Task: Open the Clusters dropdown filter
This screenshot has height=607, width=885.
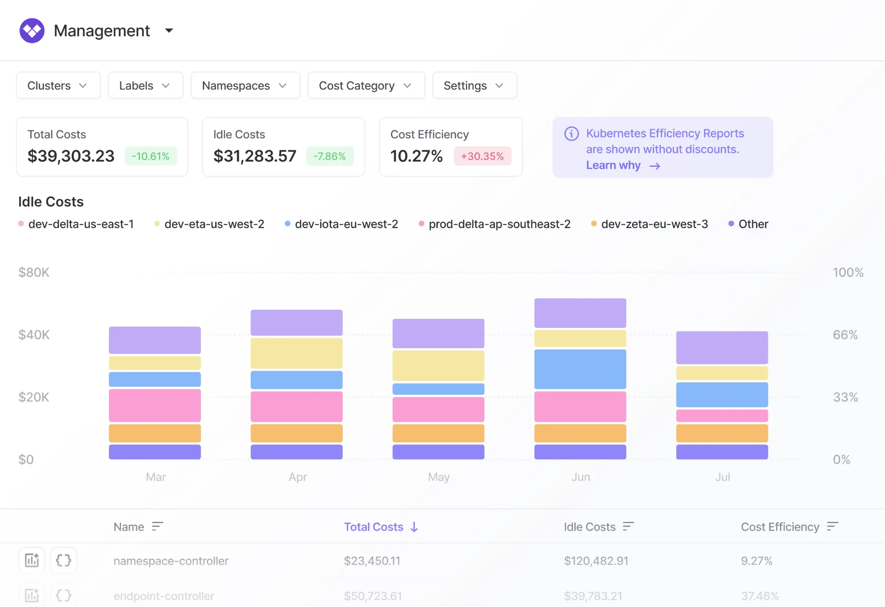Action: [x=58, y=86]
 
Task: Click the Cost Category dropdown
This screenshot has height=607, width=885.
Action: [x=366, y=86]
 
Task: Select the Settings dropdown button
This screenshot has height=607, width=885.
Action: [x=474, y=86]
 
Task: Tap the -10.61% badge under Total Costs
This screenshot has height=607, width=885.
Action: [x=151, y=156]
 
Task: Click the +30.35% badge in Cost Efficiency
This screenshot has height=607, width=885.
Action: [x=482, y=156]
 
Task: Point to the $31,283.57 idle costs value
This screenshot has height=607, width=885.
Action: [x=255, y=156]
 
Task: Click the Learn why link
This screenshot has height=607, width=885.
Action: [x=623, y=165]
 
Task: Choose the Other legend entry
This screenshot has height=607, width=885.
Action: [x=748, y=224]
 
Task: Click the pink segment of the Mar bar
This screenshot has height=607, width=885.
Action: [x=155, y=405]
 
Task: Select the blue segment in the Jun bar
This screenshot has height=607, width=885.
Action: [x=580, y=369]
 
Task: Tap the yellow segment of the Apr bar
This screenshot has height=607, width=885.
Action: [x=296, y=353]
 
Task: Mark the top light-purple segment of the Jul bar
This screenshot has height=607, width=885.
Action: [x=722, y=347]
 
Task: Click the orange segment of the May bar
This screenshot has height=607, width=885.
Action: [x=438, y=433]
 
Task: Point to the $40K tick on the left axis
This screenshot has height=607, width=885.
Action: [x=34, y=335]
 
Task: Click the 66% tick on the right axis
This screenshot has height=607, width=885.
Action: [x=845, y=335]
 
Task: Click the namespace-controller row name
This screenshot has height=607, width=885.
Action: [x=171, y=561]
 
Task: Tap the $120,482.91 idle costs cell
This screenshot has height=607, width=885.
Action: [x=596, y=561]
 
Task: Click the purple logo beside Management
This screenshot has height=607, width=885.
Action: [x=32, y=31]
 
